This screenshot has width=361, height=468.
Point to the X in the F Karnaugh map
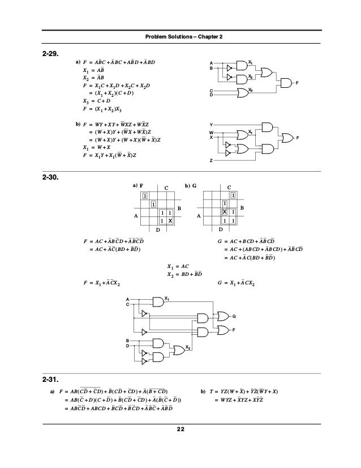[169, 220]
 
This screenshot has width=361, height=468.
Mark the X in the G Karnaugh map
[224, 211]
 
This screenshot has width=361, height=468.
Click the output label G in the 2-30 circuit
[234, 315]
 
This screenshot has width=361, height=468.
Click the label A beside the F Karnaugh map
[136, 216]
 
